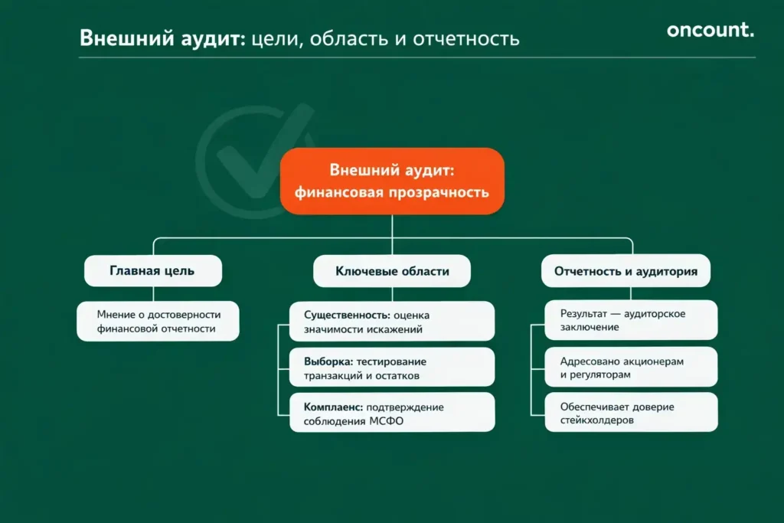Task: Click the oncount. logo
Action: coord(710,30)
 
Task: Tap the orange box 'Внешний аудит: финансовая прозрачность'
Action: coord(392,181)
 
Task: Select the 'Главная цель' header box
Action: coord(152,271)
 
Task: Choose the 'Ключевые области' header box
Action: coord(392,271)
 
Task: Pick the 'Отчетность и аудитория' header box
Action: coord(626,271)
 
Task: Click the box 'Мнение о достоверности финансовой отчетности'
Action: coord(158,321)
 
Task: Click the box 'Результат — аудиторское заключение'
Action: coord(632,320)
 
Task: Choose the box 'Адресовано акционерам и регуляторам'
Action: coord(632,368)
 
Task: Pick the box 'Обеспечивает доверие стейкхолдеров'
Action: coord(632,413)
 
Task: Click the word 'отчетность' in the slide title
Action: coord(466,38)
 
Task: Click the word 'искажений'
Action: coord(397,329)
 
